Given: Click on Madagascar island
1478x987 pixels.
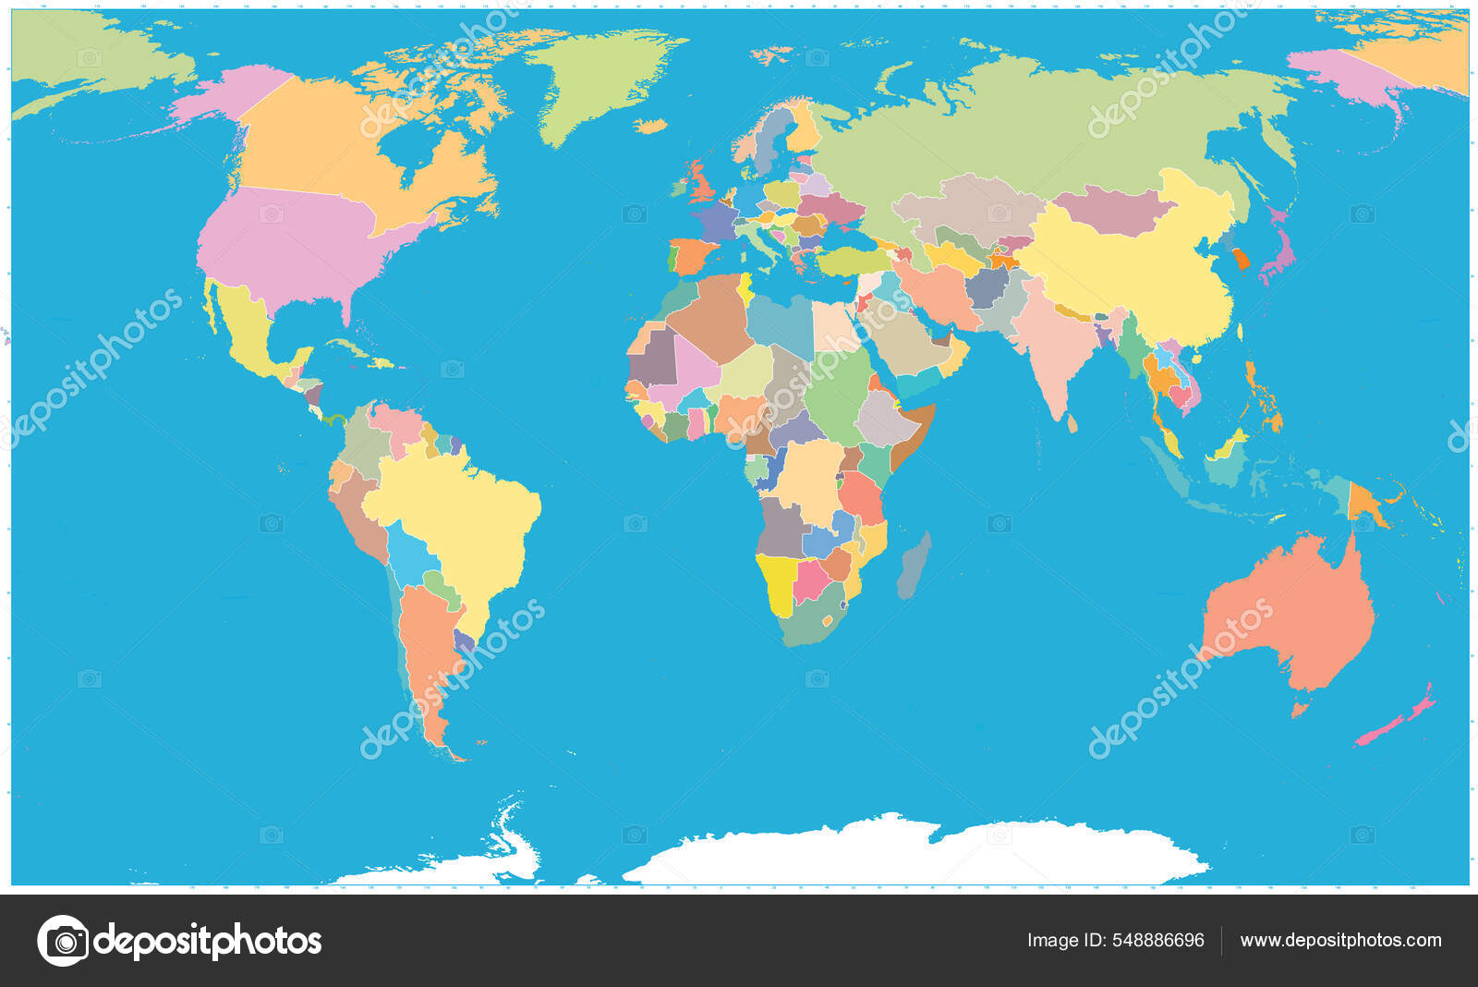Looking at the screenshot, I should tap(915, 564).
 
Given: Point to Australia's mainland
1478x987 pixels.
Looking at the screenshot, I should tap(1293, 610).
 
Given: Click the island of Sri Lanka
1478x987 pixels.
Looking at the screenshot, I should tap(1072, 422).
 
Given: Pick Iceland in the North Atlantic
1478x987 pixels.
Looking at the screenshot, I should tap(652, 126).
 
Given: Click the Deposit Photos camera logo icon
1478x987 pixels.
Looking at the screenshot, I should tap(63, 941).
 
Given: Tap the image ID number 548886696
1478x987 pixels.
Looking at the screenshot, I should tap(1157, 941).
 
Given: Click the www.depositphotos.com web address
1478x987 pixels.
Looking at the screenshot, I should tap(1340, 941).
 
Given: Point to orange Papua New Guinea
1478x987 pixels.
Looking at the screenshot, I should tap(1362, 502).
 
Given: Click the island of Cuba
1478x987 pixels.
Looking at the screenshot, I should tap(348, 349).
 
